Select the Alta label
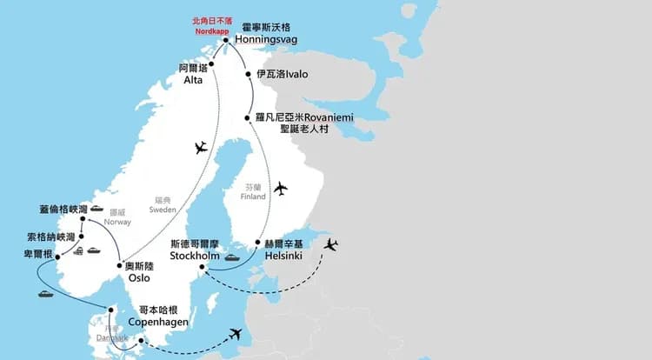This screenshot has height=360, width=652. point(193,80)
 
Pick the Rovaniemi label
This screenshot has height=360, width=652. point(304,117)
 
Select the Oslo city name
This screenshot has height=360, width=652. point(138,278)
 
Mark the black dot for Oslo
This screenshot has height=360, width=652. point(118,264)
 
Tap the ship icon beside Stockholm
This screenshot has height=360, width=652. point(233,257)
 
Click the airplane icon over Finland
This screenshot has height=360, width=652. point(280,188)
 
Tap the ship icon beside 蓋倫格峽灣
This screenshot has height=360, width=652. point(96,209)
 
